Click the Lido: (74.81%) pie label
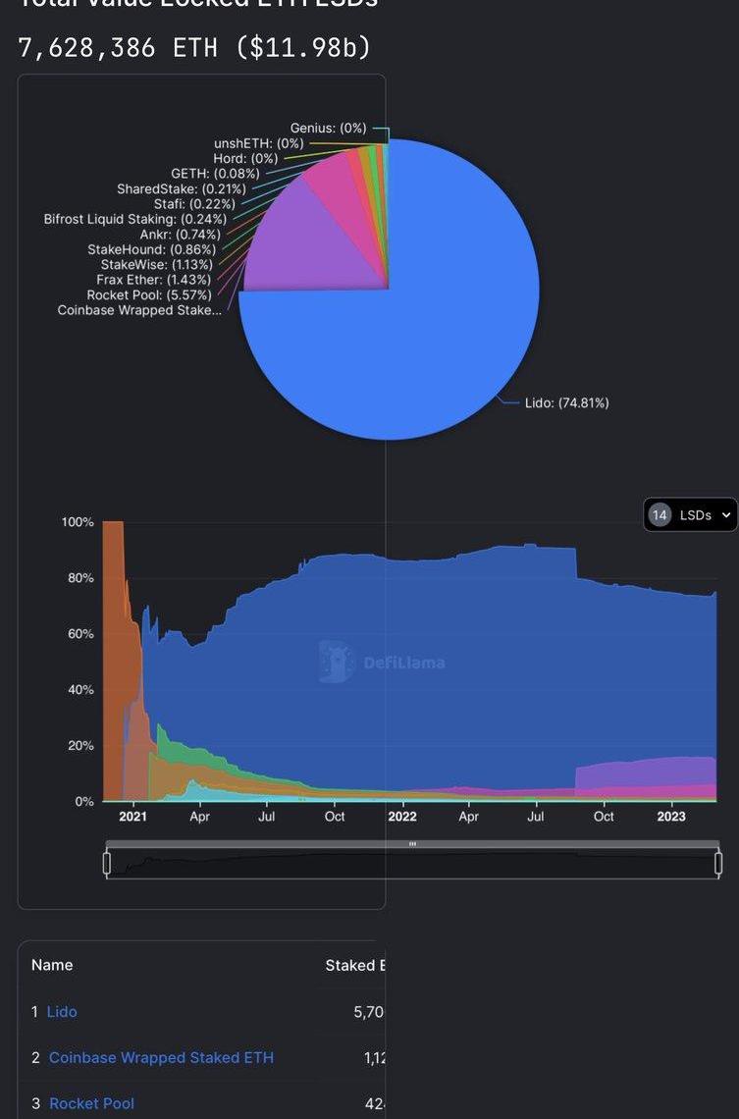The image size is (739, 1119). (x=566, y=402)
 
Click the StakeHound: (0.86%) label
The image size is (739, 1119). (x=151, y=249)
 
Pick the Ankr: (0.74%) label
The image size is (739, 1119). (x=180, y=235)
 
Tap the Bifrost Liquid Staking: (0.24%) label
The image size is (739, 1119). (x=134, y=219)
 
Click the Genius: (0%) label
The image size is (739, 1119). (x=328, y=128)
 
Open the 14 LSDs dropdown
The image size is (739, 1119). (x=690, y=514)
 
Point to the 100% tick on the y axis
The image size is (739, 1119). (x=78, y=522)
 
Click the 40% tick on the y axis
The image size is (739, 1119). (x=78, y=690)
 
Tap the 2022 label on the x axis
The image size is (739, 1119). (x=401, y=817)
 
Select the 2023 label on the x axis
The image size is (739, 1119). (x=671, y=817)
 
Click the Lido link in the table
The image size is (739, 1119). (x=62, y=1011)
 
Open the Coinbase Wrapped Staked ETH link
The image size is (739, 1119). (x=161, y=1057)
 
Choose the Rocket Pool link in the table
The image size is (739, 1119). (x=91, y=1103)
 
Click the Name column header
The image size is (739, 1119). (x=52, y=965)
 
